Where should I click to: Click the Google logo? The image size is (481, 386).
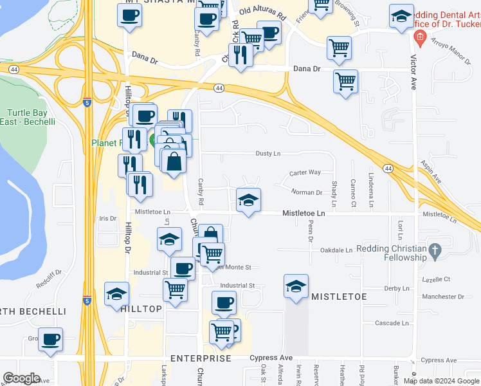(21, 378)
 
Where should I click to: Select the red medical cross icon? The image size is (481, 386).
(419, 37)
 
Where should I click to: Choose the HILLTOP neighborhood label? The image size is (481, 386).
(141, 309)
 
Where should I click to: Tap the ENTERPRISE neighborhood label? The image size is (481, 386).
(201, 358)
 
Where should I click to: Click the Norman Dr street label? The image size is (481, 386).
(306, 192)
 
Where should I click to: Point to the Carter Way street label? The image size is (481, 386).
(305, 172)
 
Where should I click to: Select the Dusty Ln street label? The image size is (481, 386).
(268, 154)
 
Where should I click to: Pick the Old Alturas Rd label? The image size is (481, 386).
(262, 11)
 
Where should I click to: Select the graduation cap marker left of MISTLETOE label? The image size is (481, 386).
(296, 286)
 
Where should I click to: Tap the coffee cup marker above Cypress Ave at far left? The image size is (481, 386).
(50, 338)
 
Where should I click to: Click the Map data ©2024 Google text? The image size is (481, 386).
(440, 381)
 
